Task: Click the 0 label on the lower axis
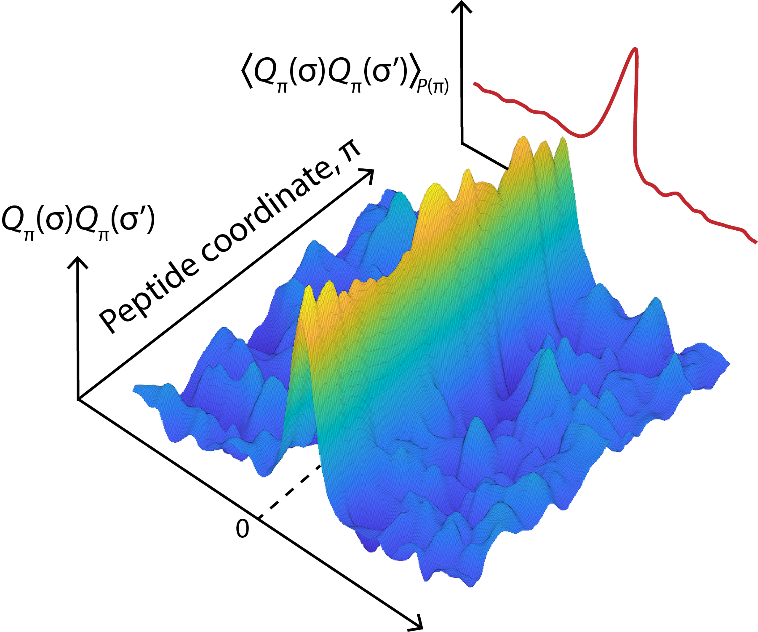click(x=242, y=529)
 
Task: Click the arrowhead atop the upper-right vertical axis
click(x=462, y=6)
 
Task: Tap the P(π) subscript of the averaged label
click(x=432, y=86)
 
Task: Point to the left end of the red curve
click(x=475, y=84)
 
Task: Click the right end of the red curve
click(x=756, y=242)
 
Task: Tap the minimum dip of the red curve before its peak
click(x=581, y=136)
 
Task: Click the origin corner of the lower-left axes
click(x=78, y=399)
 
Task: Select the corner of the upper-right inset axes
click(x=462, y=144)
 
